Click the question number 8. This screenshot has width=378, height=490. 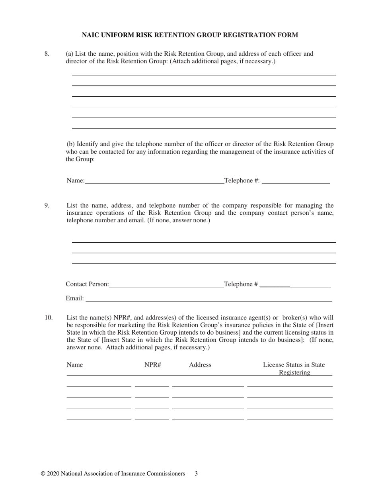(47, 54)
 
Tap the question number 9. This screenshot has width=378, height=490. (47, 206)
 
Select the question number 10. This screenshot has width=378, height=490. (48, 318)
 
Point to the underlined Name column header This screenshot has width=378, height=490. (75, 365)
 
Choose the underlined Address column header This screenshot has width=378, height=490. (200, 365)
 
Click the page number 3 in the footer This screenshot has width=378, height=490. (196, 474)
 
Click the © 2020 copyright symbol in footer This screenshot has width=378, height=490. (43, 474)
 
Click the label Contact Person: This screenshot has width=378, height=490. (87, 284)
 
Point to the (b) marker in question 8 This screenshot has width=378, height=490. (70, 144)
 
